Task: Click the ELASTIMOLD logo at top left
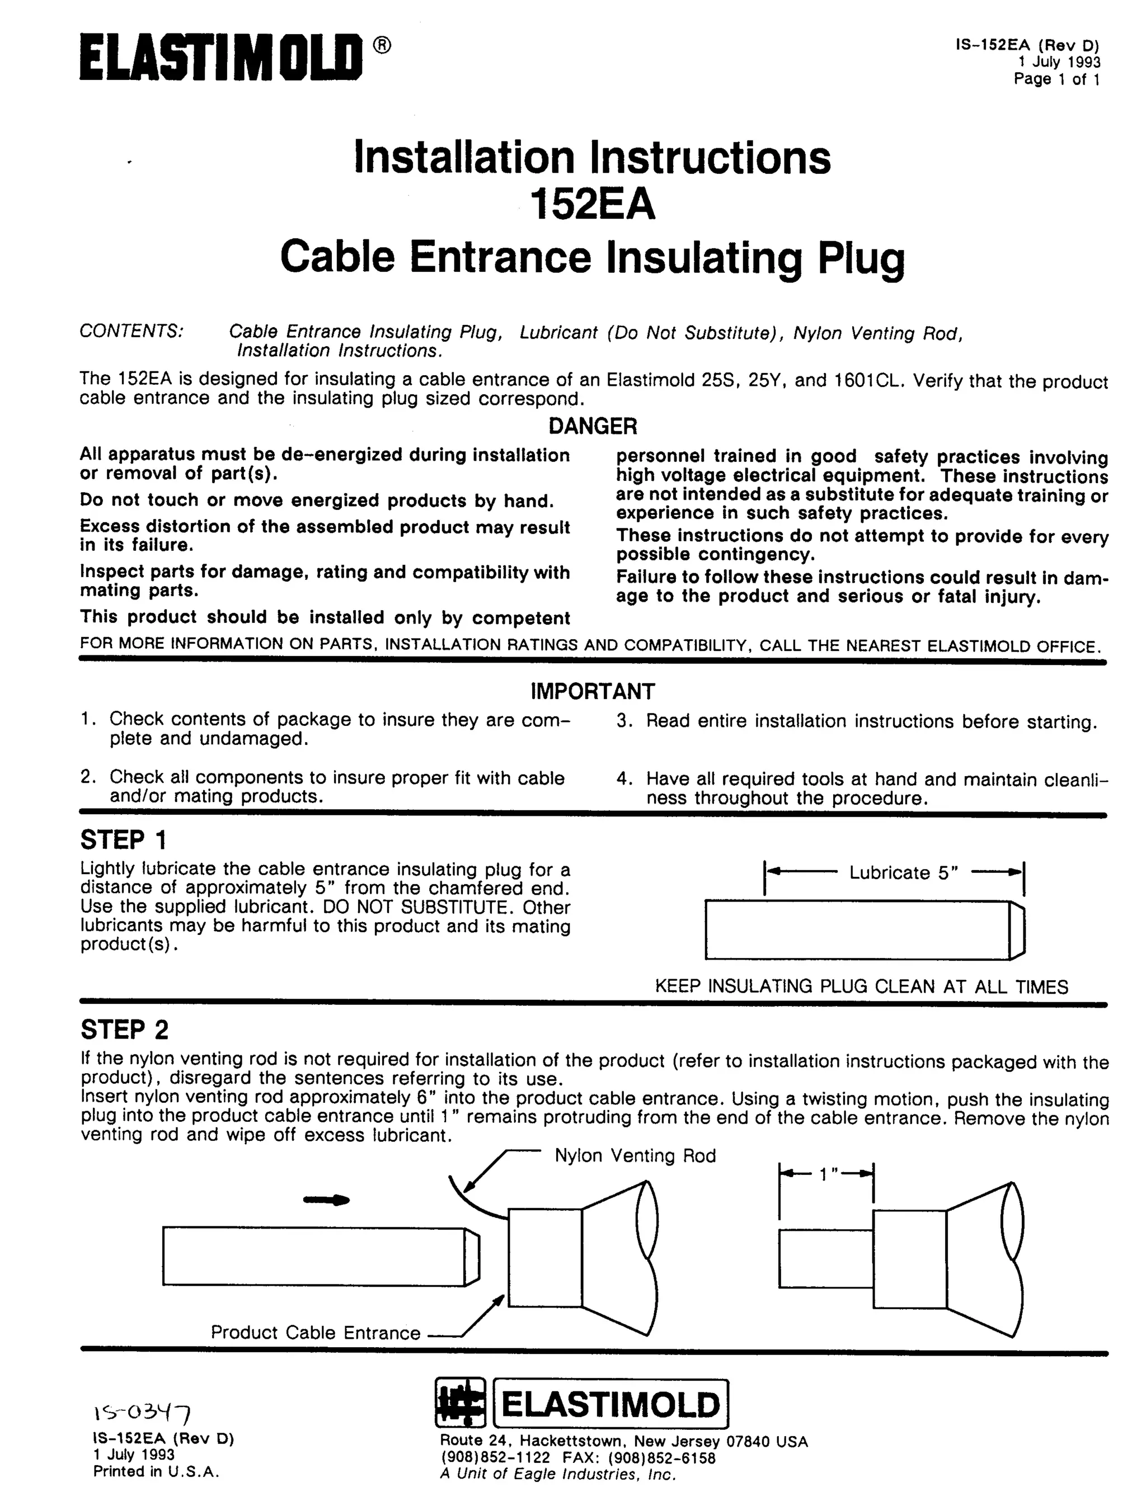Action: pyautogui.click(x=220, y=58)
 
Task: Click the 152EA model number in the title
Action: pyautogui.click(x=592, y=205)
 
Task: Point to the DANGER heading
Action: pyautogui.click(x=592, y=426)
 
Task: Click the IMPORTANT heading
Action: pyautogui.click(x=592, y=691)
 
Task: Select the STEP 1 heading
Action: pyautogui.click(x=124, y=840)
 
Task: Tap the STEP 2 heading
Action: pyautogui.click(x=124, y=1030)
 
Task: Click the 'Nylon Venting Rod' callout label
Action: pyautogui.click(x=635, y=1155)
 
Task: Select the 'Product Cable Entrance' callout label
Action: pyautogui.click(x=315, y=1333)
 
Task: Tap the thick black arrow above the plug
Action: pyautogui.click(x=326, y=1201)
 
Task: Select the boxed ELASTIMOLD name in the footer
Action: pyautogui.click(x=610, y=1404)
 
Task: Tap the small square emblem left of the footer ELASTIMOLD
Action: pyautogui.click(x=460, y=1404)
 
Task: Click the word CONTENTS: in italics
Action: pyautogui.click(x=131, y=331)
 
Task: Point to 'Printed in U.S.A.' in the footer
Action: pyautogui.click(x=156, y=1472)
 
